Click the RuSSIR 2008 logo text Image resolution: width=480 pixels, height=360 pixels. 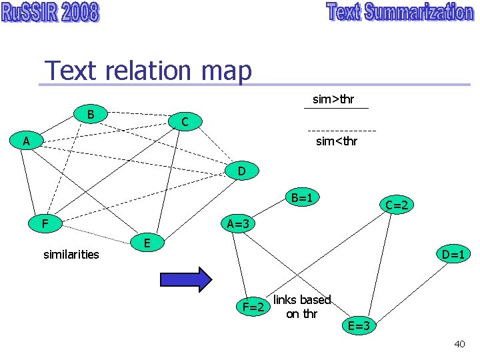(50, 13)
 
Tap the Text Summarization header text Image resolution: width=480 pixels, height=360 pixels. (400, 13)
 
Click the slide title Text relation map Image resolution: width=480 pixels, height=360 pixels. (148, 70)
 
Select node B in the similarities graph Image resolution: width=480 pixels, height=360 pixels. (90, 114)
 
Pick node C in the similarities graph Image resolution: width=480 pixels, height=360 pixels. (185, 121)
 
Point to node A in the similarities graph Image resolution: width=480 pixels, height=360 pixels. (25, 141)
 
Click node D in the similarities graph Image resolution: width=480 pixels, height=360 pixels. (241, 171)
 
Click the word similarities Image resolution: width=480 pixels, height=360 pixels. (71, 254)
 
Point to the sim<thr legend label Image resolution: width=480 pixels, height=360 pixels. (337, 141)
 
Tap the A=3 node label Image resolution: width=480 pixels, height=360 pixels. (238, 224)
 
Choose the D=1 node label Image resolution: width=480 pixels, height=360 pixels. (453, 254)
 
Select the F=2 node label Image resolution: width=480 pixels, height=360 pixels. (255, 307)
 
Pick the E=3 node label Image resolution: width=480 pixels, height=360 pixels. (361, 325)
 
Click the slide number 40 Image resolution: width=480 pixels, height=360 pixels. (459, 344)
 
